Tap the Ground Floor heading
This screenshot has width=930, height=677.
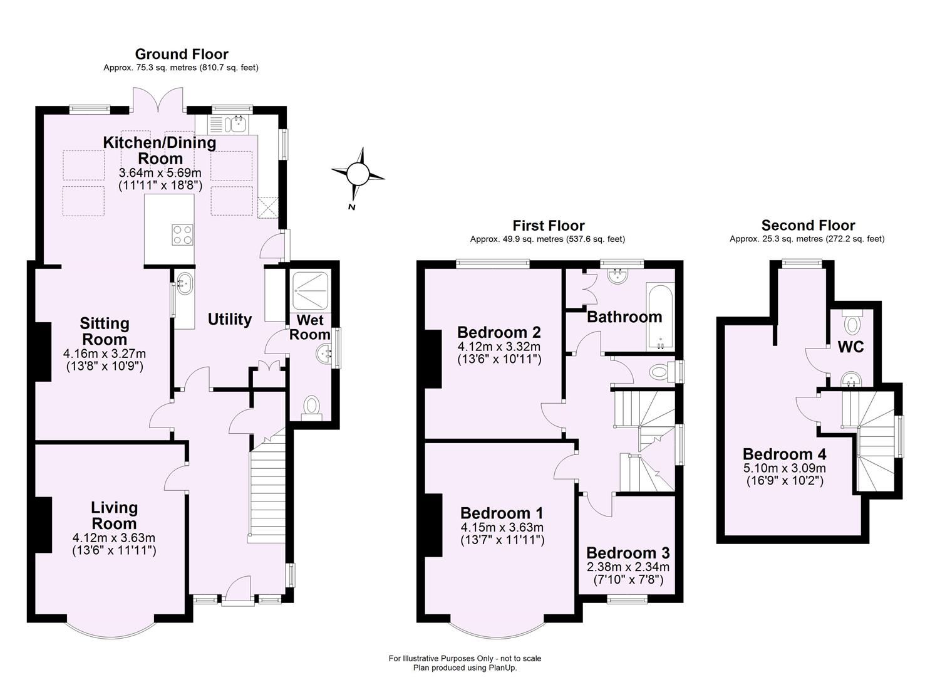[181, 55]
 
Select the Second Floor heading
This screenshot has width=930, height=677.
[807, 226]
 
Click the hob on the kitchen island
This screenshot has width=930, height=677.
[182, 234]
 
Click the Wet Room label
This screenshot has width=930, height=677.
[309, 327]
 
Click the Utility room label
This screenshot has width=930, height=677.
[230, 319]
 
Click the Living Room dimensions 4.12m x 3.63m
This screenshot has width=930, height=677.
[114, 538]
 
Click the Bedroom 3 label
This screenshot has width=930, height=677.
[628, 553]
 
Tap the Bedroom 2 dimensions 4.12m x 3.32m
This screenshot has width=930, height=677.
[499, 347]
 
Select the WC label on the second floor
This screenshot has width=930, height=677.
[850, 347]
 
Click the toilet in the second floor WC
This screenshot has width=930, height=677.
[852, 324]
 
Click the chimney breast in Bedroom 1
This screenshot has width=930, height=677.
[433, 525]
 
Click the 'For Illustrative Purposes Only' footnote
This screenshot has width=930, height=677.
[465, 658]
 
